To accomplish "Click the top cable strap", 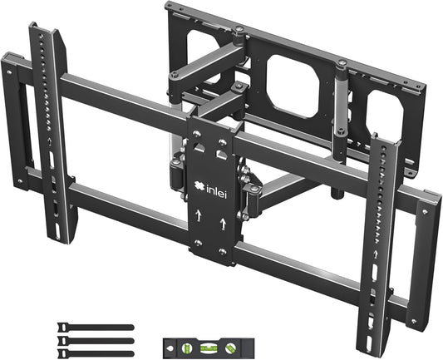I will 96,327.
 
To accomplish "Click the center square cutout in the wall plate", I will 293,82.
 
